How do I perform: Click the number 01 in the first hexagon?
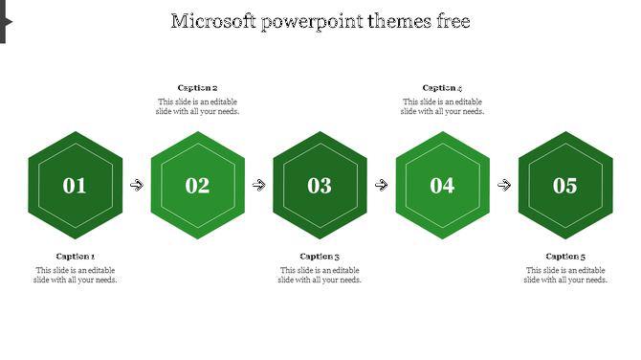tap(75, 186)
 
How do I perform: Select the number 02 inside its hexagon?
tap(197, 186)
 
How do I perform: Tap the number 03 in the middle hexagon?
tap(320, 186)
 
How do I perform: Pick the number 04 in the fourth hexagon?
tap(442, 186)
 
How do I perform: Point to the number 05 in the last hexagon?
tap(565, 186)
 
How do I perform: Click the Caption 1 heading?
tap(76, 257)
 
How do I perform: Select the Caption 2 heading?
tap(197, 88)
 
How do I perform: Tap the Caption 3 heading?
tap(320, 257)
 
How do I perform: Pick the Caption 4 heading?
tap(442, 88)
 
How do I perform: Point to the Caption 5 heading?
tap(565, 257)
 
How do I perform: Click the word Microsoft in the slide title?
tap(214, 21)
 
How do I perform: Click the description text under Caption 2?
tap(197, 106)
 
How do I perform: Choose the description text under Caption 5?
tap(565, 276)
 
